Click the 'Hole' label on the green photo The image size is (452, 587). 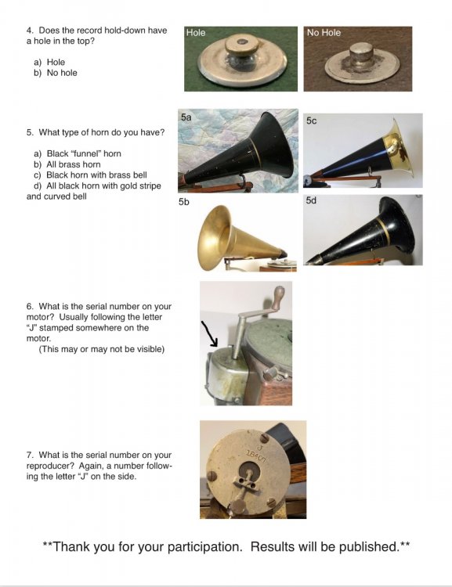coord(196,33)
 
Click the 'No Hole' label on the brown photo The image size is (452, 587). coord(324,33)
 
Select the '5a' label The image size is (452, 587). coord(186,117)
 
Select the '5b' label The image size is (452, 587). coord(183,202)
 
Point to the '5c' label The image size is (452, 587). coord(311,121)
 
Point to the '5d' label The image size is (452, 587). coord(311,200)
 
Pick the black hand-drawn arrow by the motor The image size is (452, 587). coord(209,333)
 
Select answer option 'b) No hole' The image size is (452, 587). coord(56,73)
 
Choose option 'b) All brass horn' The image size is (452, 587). coord(67,164)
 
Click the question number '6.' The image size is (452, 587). coord(30,306)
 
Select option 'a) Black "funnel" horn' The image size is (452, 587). coord(78,153)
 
